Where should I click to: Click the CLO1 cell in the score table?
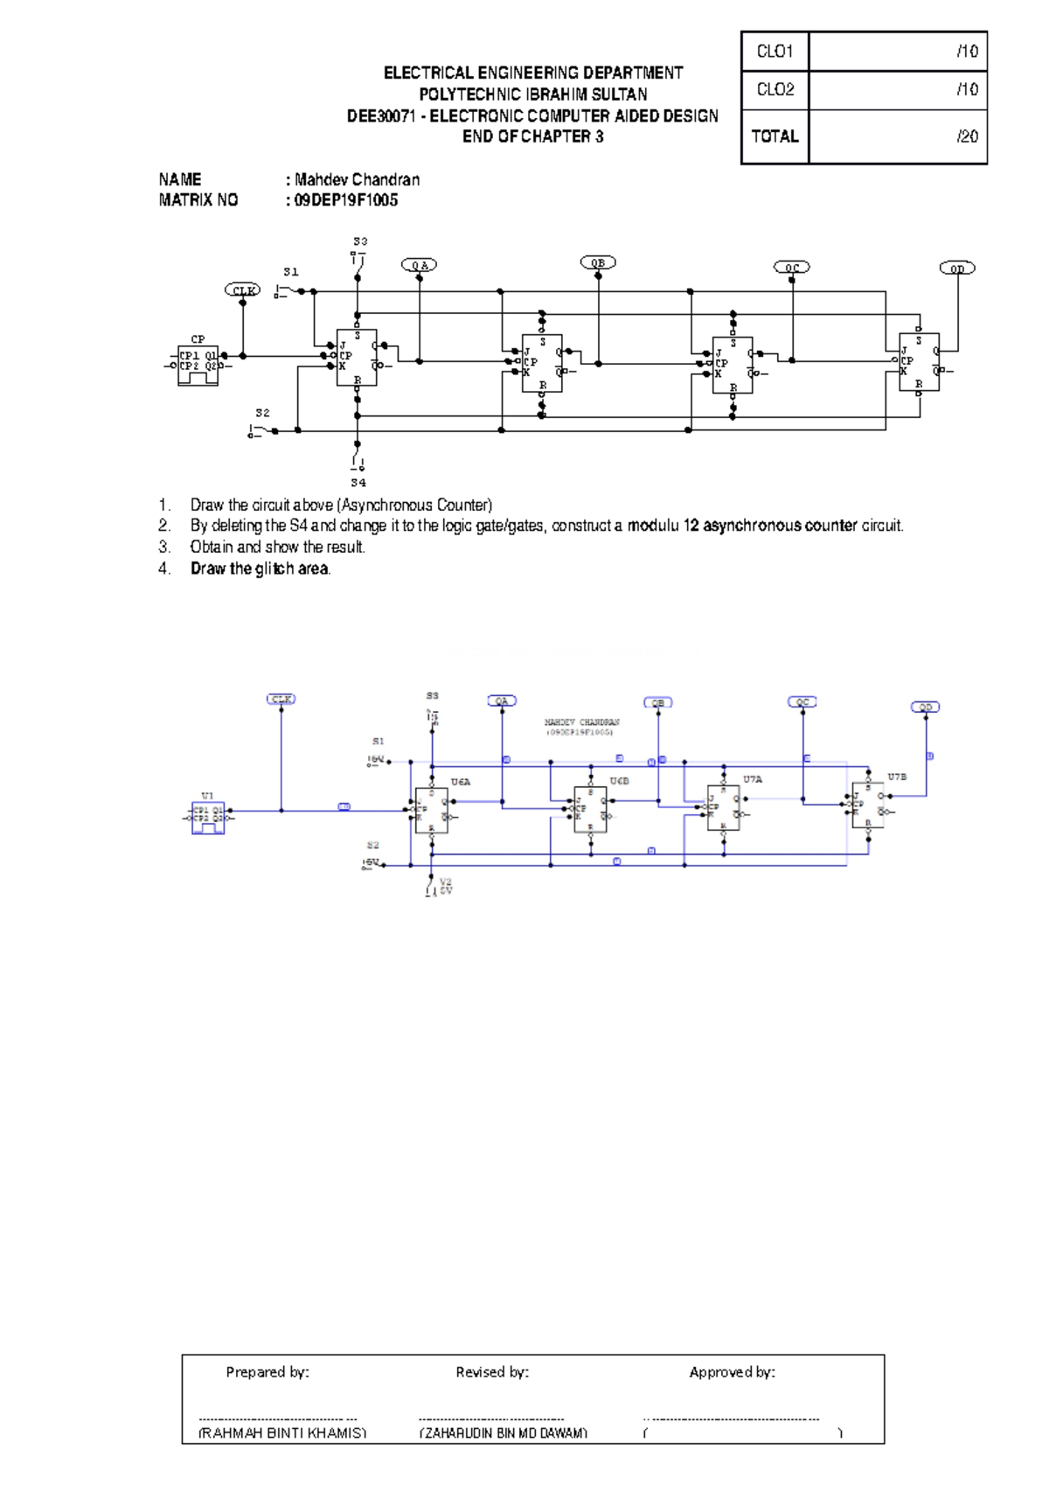[775, 52]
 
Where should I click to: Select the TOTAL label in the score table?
[775, 136]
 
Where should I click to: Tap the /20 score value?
[967, 136]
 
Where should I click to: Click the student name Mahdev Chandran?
[357, 179]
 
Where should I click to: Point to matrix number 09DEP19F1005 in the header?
[346, 200]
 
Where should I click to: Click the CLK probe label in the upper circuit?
[243, 290]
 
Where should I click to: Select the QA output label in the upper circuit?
[420, 265]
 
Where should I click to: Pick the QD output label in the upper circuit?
[957, 268]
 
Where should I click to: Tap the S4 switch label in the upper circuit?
[358, 483]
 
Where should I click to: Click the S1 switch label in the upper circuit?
[291, 272]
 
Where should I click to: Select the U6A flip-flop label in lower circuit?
[461, 782]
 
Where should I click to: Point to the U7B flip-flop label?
[897, 777]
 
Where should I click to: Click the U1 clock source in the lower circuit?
[208, 817]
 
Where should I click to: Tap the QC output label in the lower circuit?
[802, 702]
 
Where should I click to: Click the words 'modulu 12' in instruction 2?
[663, 526]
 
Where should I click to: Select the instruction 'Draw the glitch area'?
[261, 568]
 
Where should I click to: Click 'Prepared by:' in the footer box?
[267, 1372]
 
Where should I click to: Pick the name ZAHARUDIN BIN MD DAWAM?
[504, 1433]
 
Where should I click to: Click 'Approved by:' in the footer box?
[732, 1372]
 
